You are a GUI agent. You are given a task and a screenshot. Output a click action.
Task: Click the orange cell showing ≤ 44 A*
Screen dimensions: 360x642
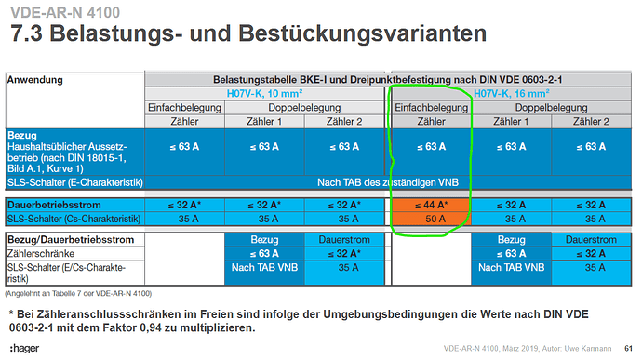[429, 203]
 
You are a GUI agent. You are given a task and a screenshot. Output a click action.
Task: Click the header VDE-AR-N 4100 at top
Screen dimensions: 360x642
[58, 13]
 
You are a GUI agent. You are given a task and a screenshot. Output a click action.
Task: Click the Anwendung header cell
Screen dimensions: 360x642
[35, 81]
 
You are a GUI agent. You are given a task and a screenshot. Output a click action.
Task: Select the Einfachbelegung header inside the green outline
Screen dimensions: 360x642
[429, 107]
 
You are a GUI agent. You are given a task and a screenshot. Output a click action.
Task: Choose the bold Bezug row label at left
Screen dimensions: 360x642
[23, 135]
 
